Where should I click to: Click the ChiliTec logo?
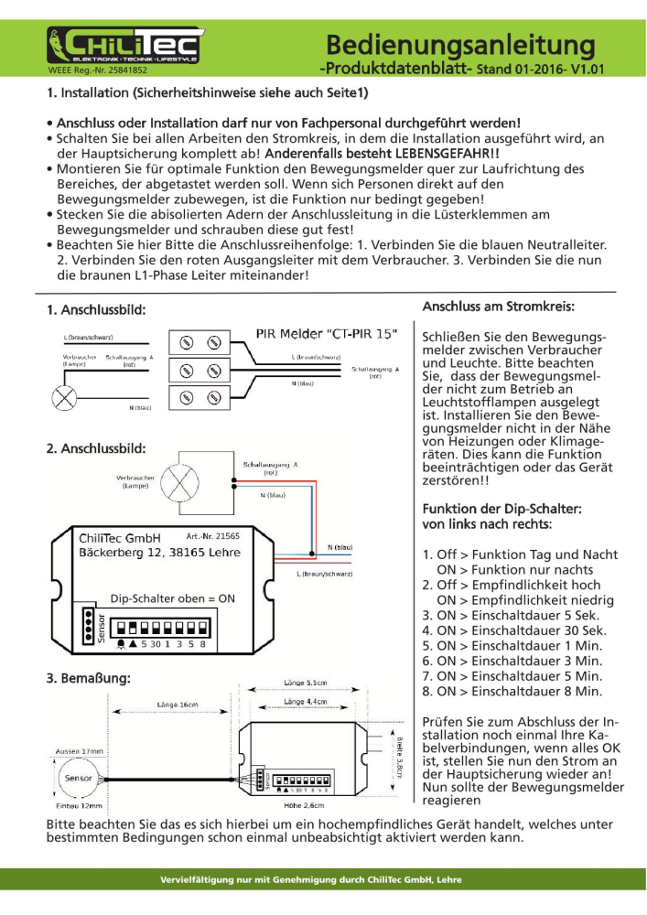pyautogui.click(x=125, y=44)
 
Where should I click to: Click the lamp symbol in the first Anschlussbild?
pyautogui.click(x=66, y=396)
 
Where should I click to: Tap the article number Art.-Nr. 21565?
pyautogui.click(x=212, y=536)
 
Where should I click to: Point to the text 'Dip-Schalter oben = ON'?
pyautogui.click(x=173, y=598)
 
